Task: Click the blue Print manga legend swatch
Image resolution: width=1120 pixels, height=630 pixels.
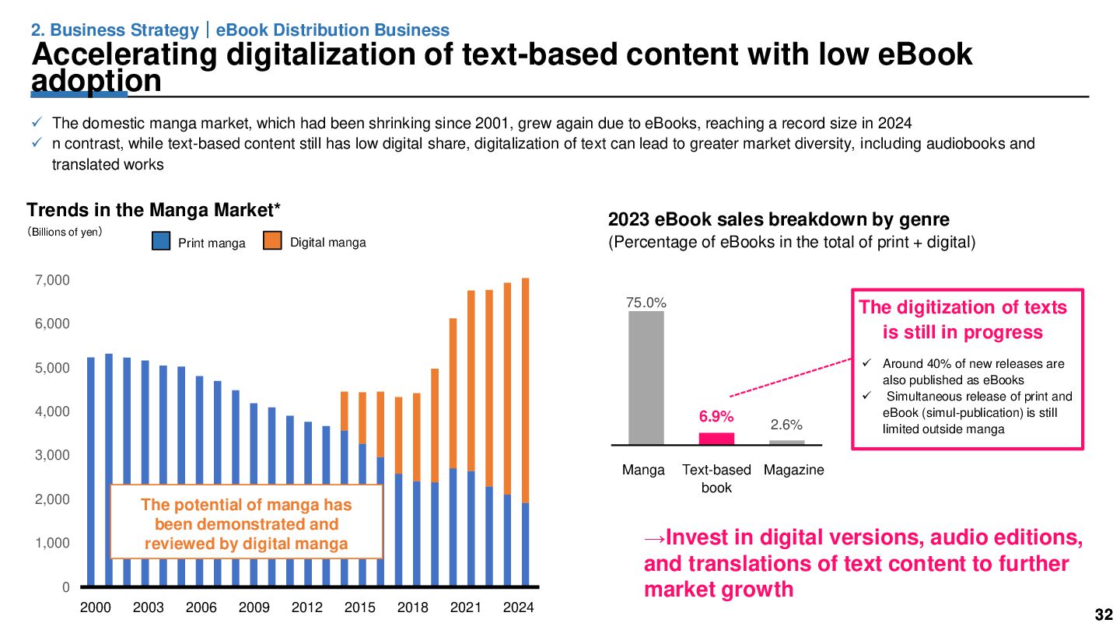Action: [161, 242]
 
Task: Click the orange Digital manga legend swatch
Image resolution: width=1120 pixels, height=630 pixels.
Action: [272, 242]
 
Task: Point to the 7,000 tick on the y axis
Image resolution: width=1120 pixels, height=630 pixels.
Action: [54, 280]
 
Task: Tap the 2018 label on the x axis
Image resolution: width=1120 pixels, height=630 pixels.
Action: [413, 607]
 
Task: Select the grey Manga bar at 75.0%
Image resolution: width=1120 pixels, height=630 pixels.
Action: [646, 377]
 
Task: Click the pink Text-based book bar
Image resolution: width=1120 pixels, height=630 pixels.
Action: [716, 438]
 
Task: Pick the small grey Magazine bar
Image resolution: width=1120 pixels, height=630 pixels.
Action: [786, 442]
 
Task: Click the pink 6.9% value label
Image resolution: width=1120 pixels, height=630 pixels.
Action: [716, 417]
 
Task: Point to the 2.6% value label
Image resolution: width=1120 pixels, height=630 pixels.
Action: [786, 425]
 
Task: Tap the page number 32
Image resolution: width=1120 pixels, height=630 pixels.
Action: [1104, 614]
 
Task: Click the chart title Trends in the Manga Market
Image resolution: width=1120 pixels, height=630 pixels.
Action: [153, 210]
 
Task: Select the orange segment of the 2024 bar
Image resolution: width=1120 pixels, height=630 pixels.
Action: [525, 389]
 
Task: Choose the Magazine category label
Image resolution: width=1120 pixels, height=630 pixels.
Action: [793, 470]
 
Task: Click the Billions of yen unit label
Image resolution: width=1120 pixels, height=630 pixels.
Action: [65, 232]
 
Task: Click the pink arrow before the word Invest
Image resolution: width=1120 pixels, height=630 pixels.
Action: [655, 537]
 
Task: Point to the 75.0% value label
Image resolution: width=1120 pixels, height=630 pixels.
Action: [646, 303]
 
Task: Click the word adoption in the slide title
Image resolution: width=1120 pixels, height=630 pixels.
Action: [96, 81]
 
